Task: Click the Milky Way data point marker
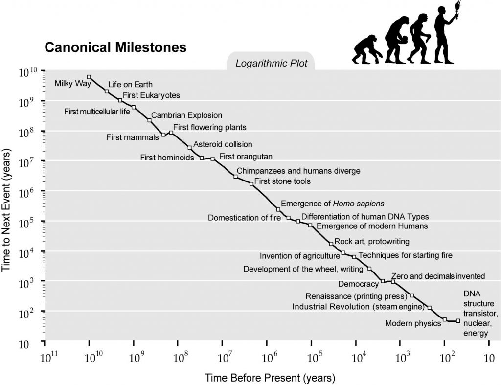click(89, 77)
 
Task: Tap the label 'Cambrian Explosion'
click(186, 116)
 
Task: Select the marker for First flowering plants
click(171, 133)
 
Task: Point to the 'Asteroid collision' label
click(223, 144)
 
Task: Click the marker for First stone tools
click(251, 184)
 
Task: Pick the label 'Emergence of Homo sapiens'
click(333, 204)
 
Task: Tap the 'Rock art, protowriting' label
click(372, 241)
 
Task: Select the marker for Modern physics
click(445, 319)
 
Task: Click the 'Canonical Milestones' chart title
click(115, 48)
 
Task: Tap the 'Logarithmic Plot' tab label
click(271, 64)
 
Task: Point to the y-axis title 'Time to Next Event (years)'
click(7, 205)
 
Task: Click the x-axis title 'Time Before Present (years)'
click(270, 378)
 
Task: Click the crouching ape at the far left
click(365, 49)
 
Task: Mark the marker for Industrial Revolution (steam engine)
click(430, 308)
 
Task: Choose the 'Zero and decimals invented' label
click(438, 276)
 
